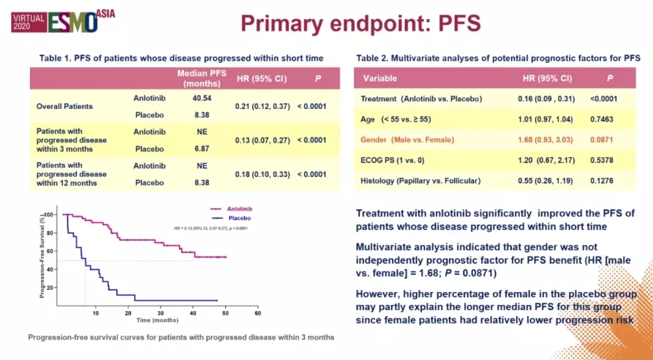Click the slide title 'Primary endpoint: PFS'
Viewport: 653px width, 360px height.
pyautogui.click(x=361, y=23)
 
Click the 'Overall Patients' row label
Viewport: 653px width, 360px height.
pyautogui.click(x=65, y=106)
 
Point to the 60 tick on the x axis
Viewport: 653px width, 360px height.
pyautogui.click(x=257, y=313)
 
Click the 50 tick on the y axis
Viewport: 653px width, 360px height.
pyautogui.click(x=53, y=260)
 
